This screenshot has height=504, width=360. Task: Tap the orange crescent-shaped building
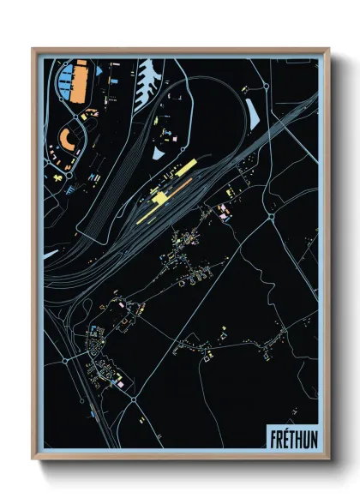click(x=66, y=138)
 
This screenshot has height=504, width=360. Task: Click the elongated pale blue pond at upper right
click(x=253, y=110)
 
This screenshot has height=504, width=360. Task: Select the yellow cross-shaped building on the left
click(x=59, y=177)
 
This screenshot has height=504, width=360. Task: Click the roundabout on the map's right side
click(x=271, y=218)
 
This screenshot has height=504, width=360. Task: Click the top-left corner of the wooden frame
click(x=33, y=49)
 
